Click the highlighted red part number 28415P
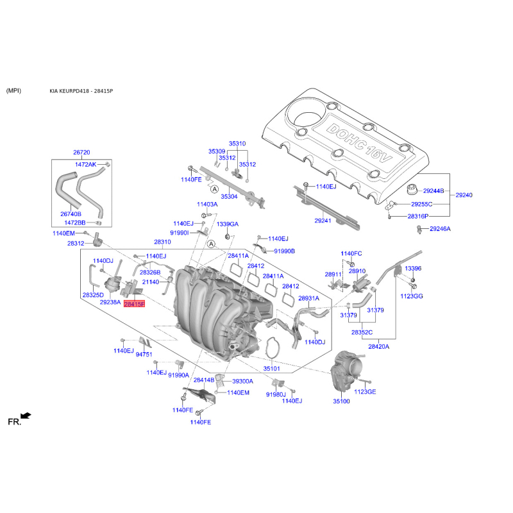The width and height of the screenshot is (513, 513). (x=134, y=304)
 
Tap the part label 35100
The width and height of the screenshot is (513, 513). (x=341, y=401)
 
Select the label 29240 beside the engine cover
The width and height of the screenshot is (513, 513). (x=464, y=195)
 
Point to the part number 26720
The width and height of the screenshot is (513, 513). (x=81, y=153)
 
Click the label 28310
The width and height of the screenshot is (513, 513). (x=162, y=242)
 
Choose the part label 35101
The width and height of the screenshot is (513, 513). (x=271, y=368)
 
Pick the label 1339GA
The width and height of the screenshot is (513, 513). (x=228, y=224)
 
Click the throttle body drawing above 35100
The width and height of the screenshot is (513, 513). (x=345, y=371)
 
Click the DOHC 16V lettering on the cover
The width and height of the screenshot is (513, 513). (x=359, y=143)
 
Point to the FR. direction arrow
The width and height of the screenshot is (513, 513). (x=26, y=416)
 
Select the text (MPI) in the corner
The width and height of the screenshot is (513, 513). (x=13, y=90)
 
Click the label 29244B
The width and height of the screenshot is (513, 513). (x=433, y=190)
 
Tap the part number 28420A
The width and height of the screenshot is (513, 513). (x=378, y=346)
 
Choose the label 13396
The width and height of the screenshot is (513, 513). (x=413, y=269)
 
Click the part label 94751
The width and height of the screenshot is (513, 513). (x=144, y=355)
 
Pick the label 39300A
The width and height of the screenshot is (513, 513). (x=242, y=381)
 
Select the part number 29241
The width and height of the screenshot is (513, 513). (x=323, y=221)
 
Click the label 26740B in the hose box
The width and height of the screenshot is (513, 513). (x=71, y=214)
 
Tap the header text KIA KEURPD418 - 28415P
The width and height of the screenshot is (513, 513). (x=81, y=91)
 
